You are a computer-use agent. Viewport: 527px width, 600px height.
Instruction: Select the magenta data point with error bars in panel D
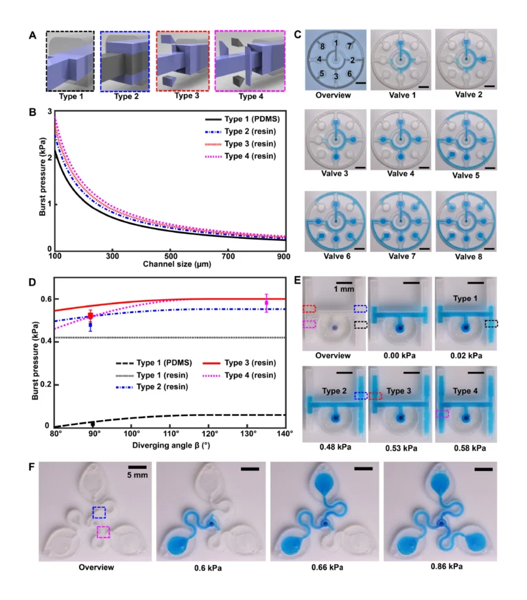pos(266,303)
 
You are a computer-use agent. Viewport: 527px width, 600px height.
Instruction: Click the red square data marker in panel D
pos(90,316)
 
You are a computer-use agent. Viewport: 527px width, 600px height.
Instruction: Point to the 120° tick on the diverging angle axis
pos(210,435)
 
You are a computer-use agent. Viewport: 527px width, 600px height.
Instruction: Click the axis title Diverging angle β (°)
pos(171,443)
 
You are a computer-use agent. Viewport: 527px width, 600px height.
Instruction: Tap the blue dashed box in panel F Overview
pos(99,512)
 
